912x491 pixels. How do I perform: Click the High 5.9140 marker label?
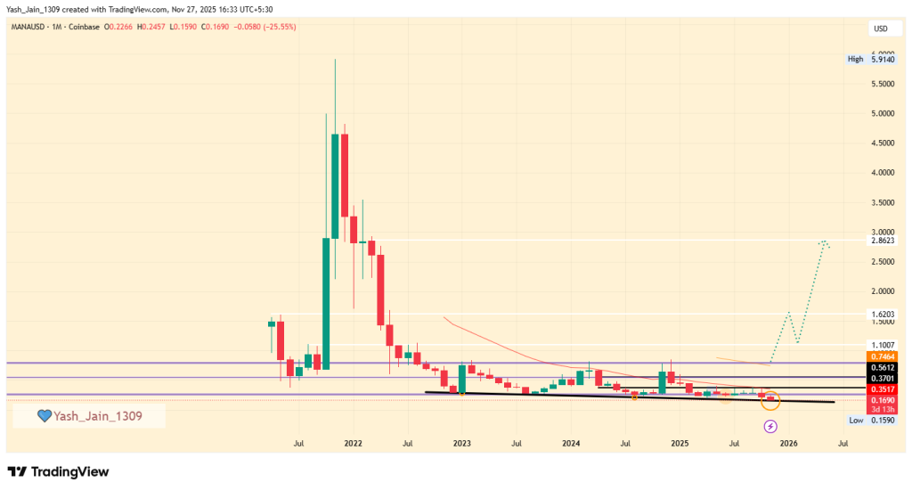(869, 60)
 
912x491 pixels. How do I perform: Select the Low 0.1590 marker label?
(869, 420)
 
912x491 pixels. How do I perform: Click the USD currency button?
(880, 29)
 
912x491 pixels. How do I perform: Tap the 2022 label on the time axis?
(353, 443)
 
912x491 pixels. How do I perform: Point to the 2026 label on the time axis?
(787, 443)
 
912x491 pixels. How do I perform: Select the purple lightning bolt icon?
(769, 427)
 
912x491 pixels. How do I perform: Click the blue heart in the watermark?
(44, 416)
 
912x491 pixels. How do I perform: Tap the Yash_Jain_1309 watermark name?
(97, 416)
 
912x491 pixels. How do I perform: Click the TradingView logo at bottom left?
(58, 471)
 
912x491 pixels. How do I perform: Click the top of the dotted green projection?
(825, 241)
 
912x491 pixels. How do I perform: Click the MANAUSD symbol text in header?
(30, 27)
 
